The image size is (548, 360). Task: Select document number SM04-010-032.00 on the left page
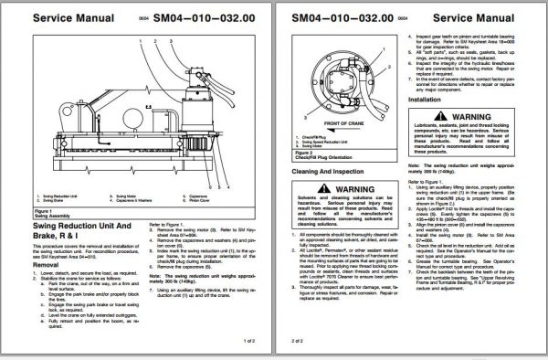pos(201,16)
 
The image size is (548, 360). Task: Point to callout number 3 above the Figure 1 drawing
pos(171,40)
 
